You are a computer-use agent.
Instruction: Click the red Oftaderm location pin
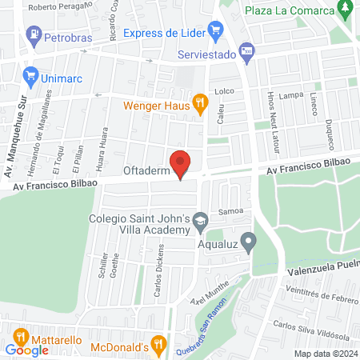tap(181, 163)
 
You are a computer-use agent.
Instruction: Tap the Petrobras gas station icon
tap(34, 34)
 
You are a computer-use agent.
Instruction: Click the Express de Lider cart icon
tap(214, 31)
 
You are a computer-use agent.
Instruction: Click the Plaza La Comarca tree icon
tap(346, 10)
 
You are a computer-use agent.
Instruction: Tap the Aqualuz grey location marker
tap(249, 240)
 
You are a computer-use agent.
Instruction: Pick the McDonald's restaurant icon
tap(161, 346)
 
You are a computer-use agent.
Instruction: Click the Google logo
tap(26, 350)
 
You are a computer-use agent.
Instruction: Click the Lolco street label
tap(223, 91)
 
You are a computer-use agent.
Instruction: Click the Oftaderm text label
tap(144, 170)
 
